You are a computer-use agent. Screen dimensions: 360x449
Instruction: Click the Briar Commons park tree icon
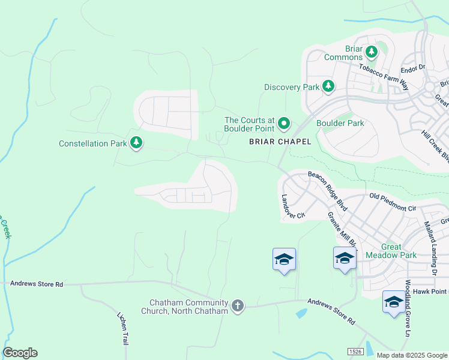[x=372, y=52]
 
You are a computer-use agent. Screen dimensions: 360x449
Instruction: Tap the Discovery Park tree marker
[x=328, y=87]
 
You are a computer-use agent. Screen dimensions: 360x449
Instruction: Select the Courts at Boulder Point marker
[x=283, y=124]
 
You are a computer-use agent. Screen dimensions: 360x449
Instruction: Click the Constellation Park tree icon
[x=137, y=143]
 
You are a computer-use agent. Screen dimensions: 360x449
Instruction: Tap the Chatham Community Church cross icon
[x=238, y=307]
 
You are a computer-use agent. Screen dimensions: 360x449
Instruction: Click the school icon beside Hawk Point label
[x=394, y=302]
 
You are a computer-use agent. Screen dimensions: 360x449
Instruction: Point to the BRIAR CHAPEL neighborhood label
[x=280, y=142]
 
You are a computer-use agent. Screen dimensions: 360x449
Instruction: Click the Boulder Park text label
[x=340, y=123]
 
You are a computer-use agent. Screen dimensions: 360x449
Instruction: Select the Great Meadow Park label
[x=391, y=251]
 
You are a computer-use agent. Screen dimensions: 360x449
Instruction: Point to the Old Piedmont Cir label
[x=393, y=202]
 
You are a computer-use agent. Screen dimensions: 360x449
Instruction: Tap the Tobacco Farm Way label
[x=384, y=77]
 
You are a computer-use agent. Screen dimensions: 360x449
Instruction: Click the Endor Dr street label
[x=412, y=67]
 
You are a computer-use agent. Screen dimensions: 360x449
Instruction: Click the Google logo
[x=20, y=353]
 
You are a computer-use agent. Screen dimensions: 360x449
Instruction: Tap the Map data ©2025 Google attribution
[x=411, y=355]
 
